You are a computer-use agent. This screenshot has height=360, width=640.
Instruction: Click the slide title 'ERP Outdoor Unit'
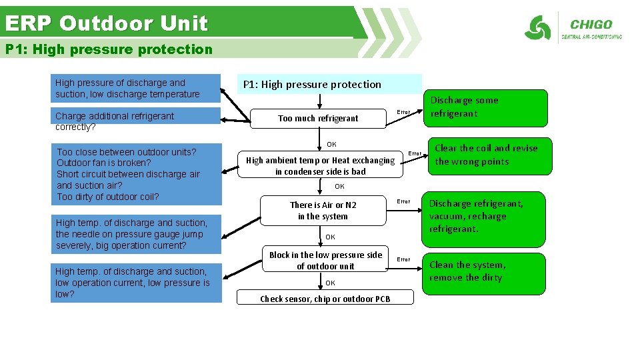click(107, 23)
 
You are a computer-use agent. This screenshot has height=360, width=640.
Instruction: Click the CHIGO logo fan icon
click(537, 29)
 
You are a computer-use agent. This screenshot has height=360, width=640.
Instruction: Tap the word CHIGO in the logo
click(591, 25)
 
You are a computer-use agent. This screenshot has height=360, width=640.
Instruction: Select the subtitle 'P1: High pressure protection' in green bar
click(109, 49)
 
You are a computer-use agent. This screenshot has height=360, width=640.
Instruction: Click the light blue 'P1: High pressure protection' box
click(329, 84)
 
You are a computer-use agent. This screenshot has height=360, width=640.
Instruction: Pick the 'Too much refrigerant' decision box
click(318, 118)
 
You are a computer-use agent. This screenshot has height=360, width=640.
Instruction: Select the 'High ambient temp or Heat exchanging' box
click(321, 165)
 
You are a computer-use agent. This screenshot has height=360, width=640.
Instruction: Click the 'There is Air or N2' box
click(323, 211)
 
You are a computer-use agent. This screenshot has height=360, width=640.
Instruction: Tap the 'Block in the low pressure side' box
click(325, 260)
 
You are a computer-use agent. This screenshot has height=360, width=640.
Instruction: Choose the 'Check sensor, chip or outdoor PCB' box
click(325, 299)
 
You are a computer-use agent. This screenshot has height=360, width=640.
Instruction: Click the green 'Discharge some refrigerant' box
click(485, 107)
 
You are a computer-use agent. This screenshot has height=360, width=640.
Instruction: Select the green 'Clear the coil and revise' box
click(486, 155)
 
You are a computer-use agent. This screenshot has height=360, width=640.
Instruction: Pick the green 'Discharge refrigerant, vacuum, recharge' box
click(485, 217)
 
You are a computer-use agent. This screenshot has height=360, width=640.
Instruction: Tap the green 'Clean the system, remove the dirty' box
click(485, 271)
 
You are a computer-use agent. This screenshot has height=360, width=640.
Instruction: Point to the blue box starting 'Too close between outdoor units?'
click(137, 174)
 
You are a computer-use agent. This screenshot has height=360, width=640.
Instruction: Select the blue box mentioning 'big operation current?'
click(137, 234)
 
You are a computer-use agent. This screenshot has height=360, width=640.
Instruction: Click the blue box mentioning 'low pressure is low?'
click(137, 283)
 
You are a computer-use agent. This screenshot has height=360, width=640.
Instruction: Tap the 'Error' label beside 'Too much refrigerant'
click(403, 111)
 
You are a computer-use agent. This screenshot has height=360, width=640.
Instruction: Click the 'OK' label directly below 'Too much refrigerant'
click(331, 144)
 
